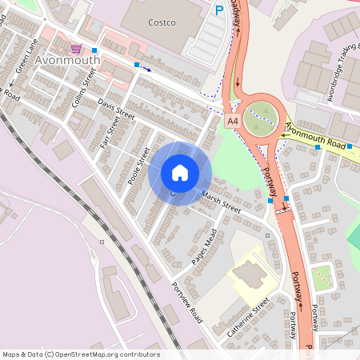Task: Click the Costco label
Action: (162, 22)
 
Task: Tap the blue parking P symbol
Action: (219, 10)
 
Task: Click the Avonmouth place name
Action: (68, 60)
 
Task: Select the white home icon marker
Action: (180, 173)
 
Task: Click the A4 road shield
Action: (233, 121)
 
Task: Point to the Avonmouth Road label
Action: (318, 138)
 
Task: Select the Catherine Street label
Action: (250, 318)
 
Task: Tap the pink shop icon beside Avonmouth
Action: (76, 48)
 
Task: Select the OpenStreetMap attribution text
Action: (81, 354)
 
